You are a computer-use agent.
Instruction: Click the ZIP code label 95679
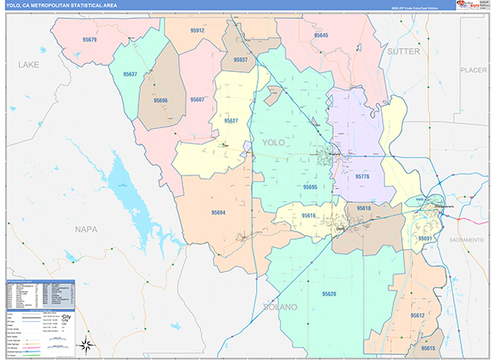pyautogui.click(x=89, y=40)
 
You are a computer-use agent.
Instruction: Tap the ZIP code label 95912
pyautogui.click(x=195, y=31)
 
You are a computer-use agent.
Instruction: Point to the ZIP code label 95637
pyautogui.click(x=129, y=74)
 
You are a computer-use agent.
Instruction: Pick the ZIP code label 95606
pyautogui.click(x=161, y=100)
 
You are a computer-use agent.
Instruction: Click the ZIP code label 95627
pyautogui.click(x=230, y=122)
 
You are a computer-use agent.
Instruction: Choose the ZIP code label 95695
pyautogui.click(x=310, y=188)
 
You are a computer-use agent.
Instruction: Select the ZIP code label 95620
pyautogui.click(x=329, y=295)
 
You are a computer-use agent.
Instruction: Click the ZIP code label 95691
pyautogui.click(x=426, y=238)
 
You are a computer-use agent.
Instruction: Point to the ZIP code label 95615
pyautogui.click(x=428, y=348)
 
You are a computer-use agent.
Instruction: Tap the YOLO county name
pyautogui.click(x=273, y=143)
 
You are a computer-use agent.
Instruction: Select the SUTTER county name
pyautogui.click(x=403, y=51)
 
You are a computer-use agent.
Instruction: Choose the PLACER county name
pyautogui.click(x=474, y=70)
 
